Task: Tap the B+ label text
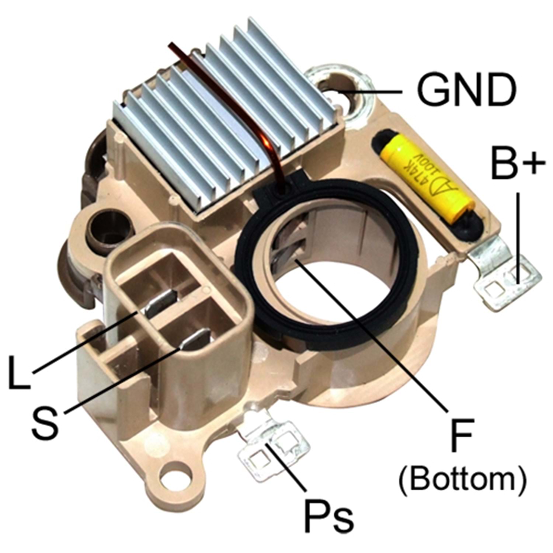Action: (518, 161)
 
